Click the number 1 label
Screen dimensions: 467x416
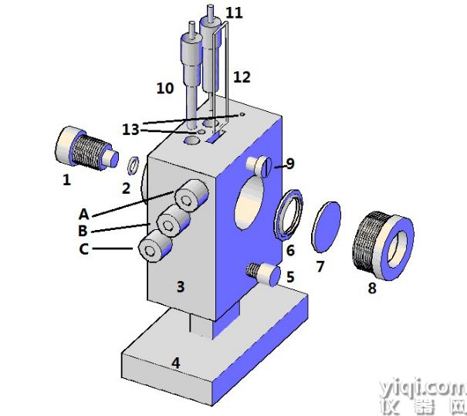point(66,180)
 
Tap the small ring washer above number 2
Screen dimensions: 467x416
point(133,166)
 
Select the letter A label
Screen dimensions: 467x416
point(84,214)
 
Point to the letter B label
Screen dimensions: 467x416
point(83,231)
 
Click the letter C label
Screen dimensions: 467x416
point(83,249)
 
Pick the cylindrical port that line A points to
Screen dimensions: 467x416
point(191,196)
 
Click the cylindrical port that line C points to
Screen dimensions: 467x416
point(155,246)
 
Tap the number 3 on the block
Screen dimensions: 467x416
point(181,287)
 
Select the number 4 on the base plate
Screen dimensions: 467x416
point(176,364)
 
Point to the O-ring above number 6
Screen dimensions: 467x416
point(288,214)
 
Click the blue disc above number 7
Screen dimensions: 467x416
point(326,227)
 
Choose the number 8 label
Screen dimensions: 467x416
point(372,288)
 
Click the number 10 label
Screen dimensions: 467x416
point(165,89)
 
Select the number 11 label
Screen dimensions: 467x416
point(234,13)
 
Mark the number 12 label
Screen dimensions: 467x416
point(242,77)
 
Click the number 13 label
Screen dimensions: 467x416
point(130,130)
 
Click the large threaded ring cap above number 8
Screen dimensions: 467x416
point(384,245)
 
